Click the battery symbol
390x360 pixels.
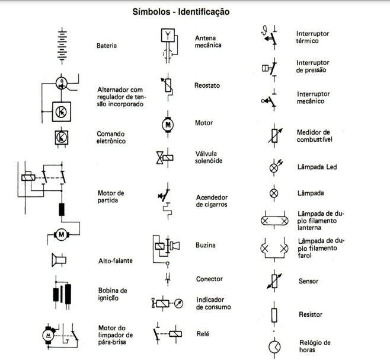pos(60,46)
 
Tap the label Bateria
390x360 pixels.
pos(107,46)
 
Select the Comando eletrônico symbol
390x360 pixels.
pos(60,137)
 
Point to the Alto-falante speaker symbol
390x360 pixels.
pos(59,260)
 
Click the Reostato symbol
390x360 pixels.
pos(168,87)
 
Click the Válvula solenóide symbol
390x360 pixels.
pos(164,157)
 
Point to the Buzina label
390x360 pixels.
pos(205,246)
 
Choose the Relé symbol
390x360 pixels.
pos(170,333)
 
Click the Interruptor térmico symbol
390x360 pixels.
pos(268,37)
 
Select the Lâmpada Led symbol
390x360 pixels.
pos(274,168)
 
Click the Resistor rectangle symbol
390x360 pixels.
pos(274,314)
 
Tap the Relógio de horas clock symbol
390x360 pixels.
pos(274,346)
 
